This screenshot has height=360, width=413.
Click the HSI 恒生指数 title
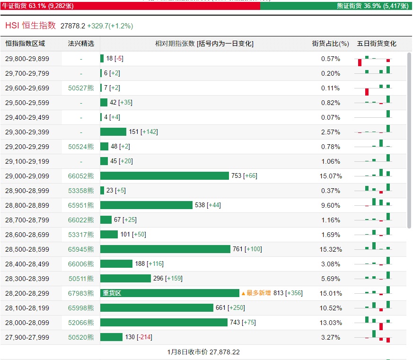(31, 26)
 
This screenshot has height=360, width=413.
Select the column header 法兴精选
(81, 44)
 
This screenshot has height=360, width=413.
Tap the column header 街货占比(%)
(330, 44)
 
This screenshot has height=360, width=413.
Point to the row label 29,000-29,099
(27, 176)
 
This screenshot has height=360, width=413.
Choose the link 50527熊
(81, 88)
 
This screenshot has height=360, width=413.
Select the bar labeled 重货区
(170, 293)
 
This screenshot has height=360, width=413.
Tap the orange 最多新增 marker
(256, 293)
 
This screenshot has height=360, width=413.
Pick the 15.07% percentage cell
(330, 176)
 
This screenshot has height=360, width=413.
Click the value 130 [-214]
(138, 337)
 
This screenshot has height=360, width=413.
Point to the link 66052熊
(81, 176)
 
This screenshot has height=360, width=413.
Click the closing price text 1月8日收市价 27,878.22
(206, 352)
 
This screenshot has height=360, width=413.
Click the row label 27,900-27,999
(27, 337)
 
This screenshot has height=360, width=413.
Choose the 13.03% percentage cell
(330, 323)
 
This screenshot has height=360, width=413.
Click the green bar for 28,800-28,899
(146, 205)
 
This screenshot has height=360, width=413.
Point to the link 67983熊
(81, 293)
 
